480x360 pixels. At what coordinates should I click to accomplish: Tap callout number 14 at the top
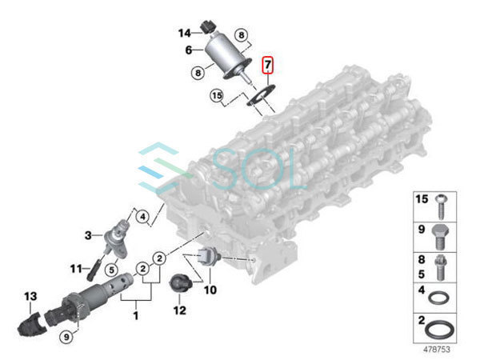tap(185, 33)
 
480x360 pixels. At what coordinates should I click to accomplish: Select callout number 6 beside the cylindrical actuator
tap(190, 50)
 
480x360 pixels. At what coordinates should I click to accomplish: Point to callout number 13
tap(30, 297)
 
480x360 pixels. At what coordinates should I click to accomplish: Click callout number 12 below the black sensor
tap(179, 310)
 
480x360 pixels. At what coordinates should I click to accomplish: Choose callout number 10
tap(210, 289)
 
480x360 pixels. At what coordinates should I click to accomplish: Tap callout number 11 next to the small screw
tap(78, 268)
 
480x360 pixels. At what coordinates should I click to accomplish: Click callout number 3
tap(90, 234)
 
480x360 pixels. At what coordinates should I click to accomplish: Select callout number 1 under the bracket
tap(135, 316)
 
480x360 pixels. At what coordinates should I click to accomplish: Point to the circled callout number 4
tap(142, 216)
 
